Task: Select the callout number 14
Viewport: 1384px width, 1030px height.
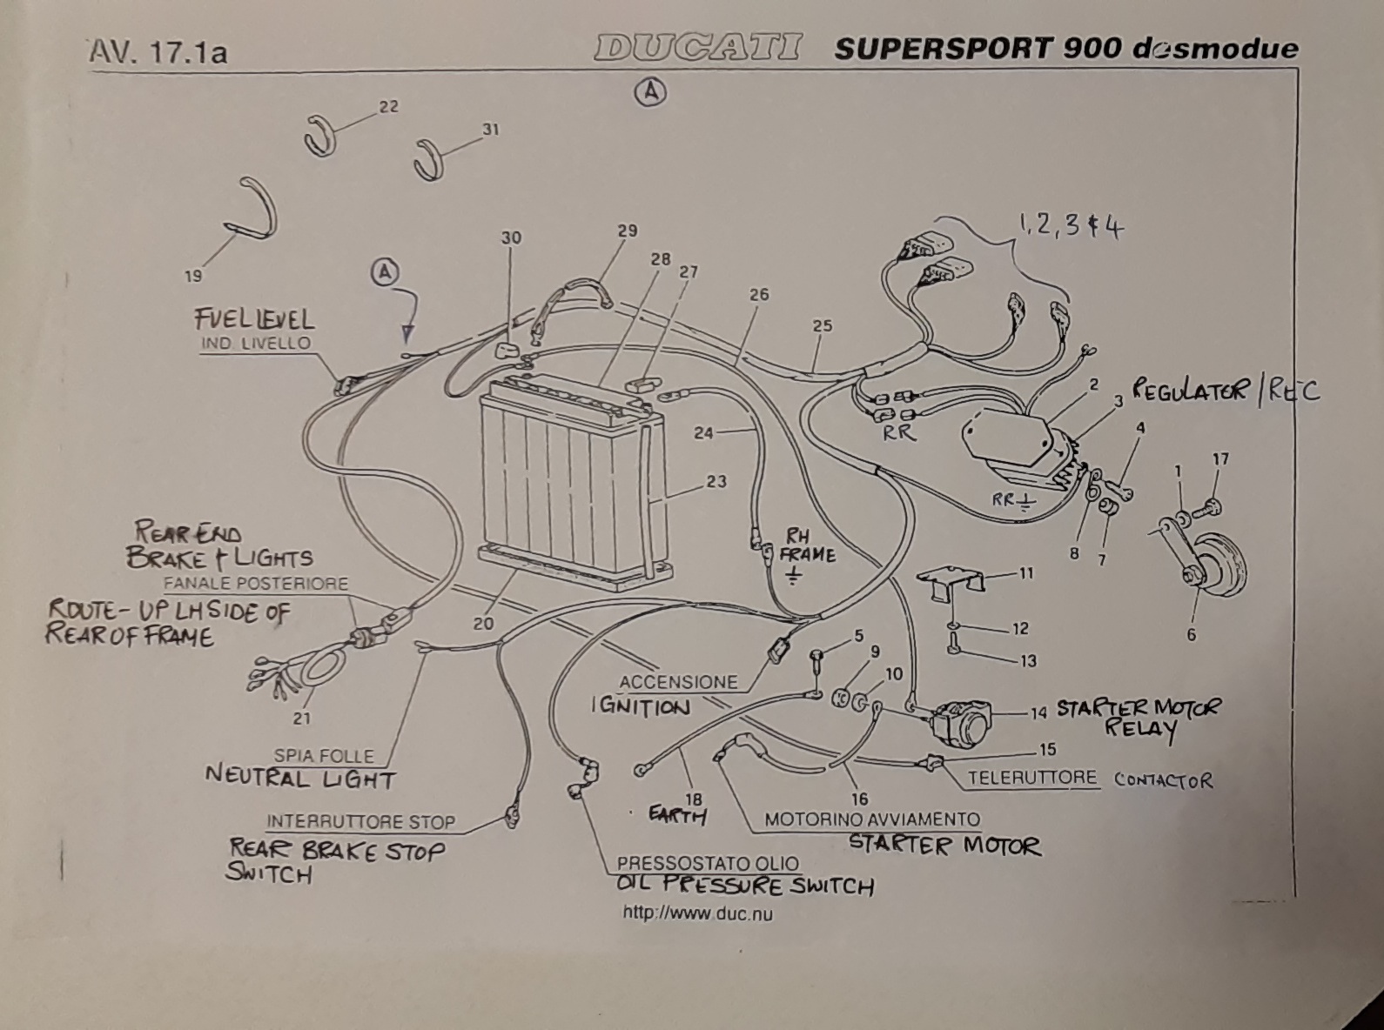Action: pos(1038,712)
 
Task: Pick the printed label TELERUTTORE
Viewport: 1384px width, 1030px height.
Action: pos(1031,778)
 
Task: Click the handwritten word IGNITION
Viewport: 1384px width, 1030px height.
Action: pos(641,706)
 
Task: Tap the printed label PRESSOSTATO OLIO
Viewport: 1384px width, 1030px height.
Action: pos(708,864)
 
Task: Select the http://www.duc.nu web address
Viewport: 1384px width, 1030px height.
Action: pos(697,914)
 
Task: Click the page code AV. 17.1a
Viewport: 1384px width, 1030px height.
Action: pos(158,52)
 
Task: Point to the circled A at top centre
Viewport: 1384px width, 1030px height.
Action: pos(650,92)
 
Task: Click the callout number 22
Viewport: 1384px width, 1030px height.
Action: pos(388,107)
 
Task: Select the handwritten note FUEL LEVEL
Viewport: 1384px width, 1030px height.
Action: pos(254,320)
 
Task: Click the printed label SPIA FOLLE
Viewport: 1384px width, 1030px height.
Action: pos(324,756)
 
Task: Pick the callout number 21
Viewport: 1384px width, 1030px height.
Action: pos(302,719)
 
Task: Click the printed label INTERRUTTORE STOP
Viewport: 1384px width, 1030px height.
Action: pos(361,821)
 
